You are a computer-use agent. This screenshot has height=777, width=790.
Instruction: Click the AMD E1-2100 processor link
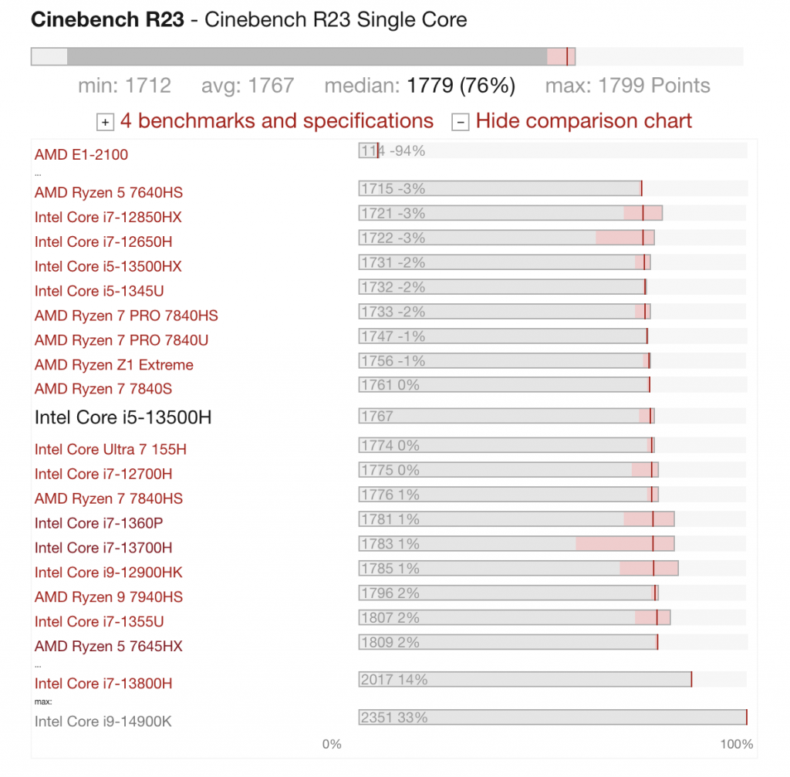(81, 154)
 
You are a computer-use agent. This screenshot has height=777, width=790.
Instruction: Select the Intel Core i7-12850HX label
(108, 217)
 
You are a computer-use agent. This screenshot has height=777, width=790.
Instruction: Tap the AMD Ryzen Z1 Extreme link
(114, 365)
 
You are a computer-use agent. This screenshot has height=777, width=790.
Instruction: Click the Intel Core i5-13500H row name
(123, 417)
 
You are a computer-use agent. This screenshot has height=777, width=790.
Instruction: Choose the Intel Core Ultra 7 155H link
(110, 450)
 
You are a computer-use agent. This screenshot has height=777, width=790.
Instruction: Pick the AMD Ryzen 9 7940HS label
(108, 597)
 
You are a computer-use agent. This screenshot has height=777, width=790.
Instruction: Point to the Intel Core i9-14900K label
(103, 721)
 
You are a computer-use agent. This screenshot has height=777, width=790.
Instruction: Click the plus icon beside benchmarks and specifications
(105, 122)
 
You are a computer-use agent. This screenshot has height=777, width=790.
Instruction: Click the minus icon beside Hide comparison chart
(461, 122)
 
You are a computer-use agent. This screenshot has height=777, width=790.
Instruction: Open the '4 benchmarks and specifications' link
(277, 121)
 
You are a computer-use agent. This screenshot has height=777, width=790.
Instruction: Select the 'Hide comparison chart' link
(584, 121)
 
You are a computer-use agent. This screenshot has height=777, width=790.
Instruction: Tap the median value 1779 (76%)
(461, 86)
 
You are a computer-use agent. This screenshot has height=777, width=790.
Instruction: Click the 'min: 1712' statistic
(124, 86)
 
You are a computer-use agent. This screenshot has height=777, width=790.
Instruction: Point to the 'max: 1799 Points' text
(628, 86)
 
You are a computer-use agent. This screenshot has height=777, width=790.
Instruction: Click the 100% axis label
(737, 745)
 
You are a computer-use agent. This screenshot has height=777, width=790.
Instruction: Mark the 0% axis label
(332, 745)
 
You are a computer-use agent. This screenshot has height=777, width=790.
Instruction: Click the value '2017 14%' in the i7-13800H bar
(394, 680)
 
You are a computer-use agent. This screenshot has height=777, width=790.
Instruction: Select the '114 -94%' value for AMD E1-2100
(393, 150)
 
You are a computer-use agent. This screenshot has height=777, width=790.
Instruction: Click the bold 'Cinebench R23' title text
(107, 19)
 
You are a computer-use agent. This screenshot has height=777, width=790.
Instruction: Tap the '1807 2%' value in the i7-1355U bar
(390, 618)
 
